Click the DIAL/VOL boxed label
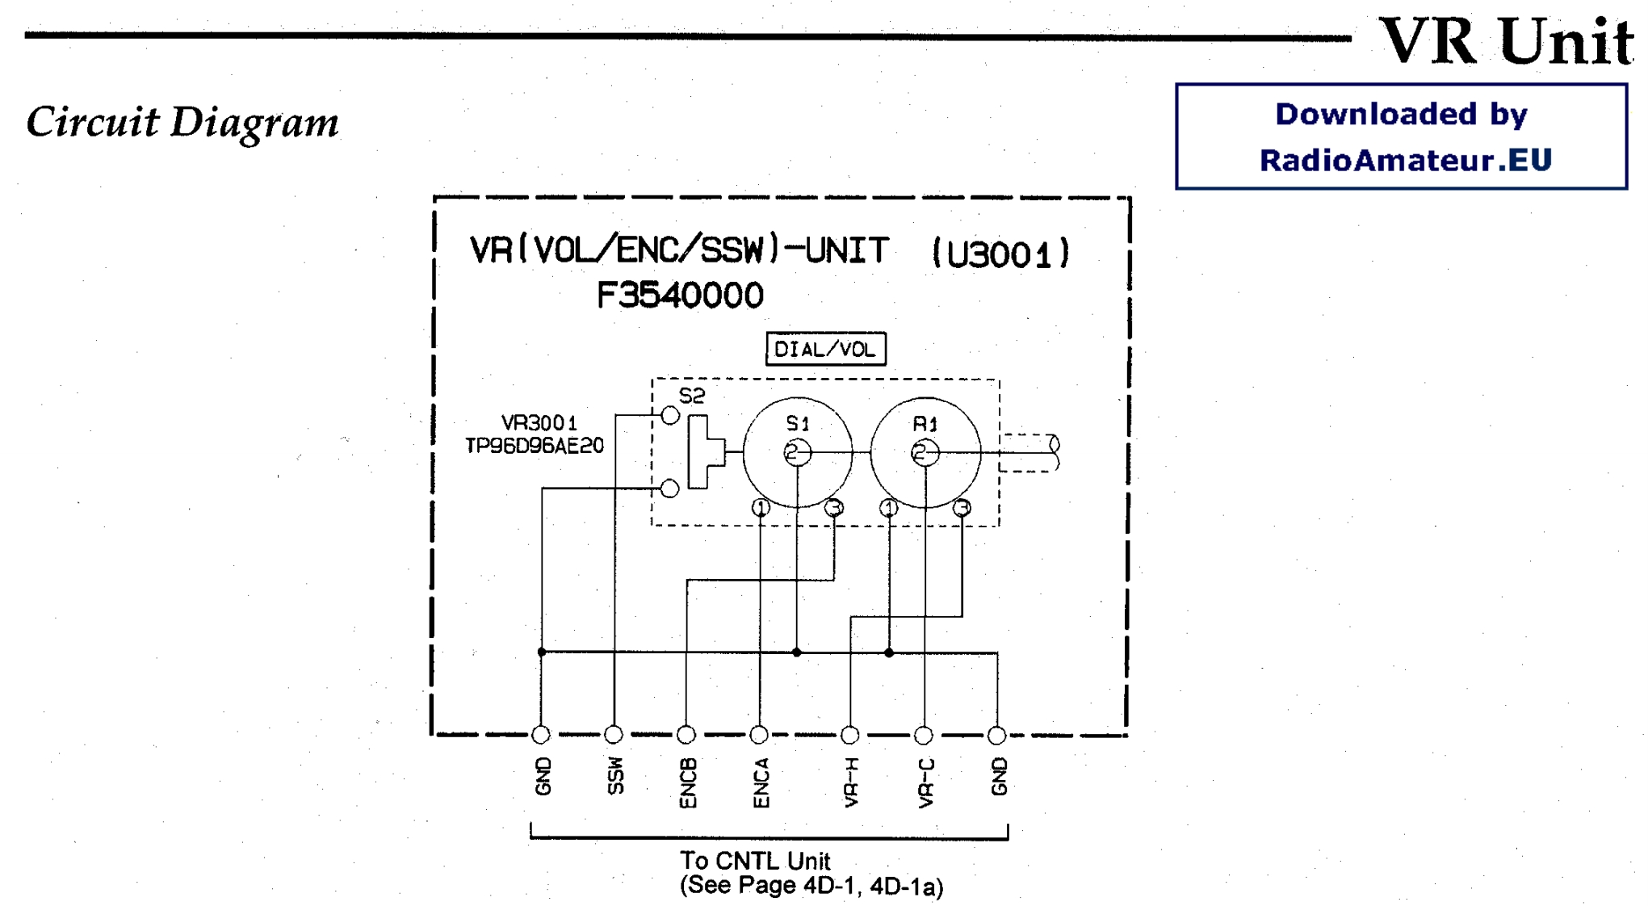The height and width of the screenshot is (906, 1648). pos(824,349)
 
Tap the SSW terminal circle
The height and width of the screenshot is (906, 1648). pos(614,734)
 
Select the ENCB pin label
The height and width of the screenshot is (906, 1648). pos(687,782)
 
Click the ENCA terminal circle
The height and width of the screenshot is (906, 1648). pos(759,734)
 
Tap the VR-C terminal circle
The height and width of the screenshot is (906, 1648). pos(924,735)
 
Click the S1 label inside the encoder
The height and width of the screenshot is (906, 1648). pos(798,423)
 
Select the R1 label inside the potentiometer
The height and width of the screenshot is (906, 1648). pos(925,424)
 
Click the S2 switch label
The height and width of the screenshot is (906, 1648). pos(692,396)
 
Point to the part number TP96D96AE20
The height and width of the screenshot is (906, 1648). pos(535,446)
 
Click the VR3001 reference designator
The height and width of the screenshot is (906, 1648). pos(539,423)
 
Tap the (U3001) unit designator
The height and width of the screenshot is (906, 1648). pos(1001,254)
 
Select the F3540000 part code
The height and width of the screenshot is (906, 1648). pos(680,296)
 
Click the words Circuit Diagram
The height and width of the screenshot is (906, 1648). pos(182,123)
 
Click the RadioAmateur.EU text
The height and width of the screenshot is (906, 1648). pos(1405,160)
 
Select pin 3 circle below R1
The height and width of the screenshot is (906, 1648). pos(962,508)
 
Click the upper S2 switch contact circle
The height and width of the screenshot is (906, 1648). pos(670,416)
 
